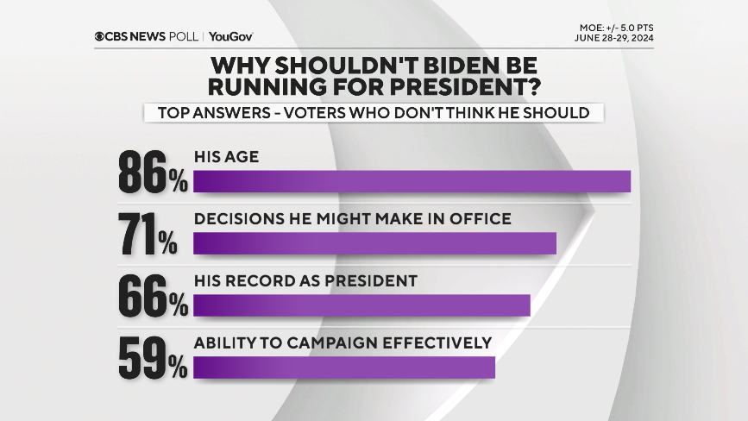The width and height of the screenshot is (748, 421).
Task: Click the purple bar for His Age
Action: tap(412, 181)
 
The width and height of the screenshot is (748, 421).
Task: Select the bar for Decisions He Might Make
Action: tap(374, 243)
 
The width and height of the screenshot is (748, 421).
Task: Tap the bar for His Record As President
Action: tap(361, 305)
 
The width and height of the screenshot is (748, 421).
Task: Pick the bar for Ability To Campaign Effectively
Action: tap(343, 367)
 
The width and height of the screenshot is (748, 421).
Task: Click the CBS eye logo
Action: tap(101, 36)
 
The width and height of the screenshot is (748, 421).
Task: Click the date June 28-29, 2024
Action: tap(613, 38)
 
